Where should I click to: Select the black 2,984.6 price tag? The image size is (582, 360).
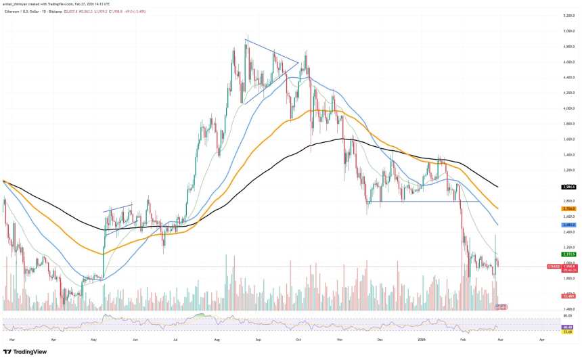568,187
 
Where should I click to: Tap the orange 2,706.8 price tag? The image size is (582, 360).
568,208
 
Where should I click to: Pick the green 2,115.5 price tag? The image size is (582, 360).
568,254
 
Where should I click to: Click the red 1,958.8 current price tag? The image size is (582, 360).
568,267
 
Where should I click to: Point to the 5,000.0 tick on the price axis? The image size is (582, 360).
568,31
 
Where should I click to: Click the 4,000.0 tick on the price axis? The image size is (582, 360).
568,108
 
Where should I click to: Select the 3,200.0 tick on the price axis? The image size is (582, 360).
568,170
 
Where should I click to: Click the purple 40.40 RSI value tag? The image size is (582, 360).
568,327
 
